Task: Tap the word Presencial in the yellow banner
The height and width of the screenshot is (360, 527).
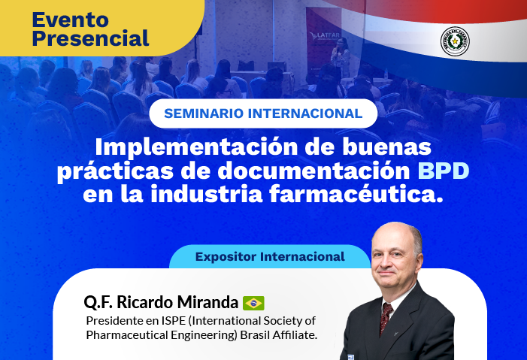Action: (x=91, y=38)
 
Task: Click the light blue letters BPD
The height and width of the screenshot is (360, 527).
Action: (x=444, y=171)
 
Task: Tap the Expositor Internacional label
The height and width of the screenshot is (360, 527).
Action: (x=270, y=257)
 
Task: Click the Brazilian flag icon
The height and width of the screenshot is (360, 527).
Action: (x=253, y=303)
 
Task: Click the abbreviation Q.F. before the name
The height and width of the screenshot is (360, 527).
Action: (x=100, y=302)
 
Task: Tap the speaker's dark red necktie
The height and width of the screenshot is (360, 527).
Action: (x=386, y=315)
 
